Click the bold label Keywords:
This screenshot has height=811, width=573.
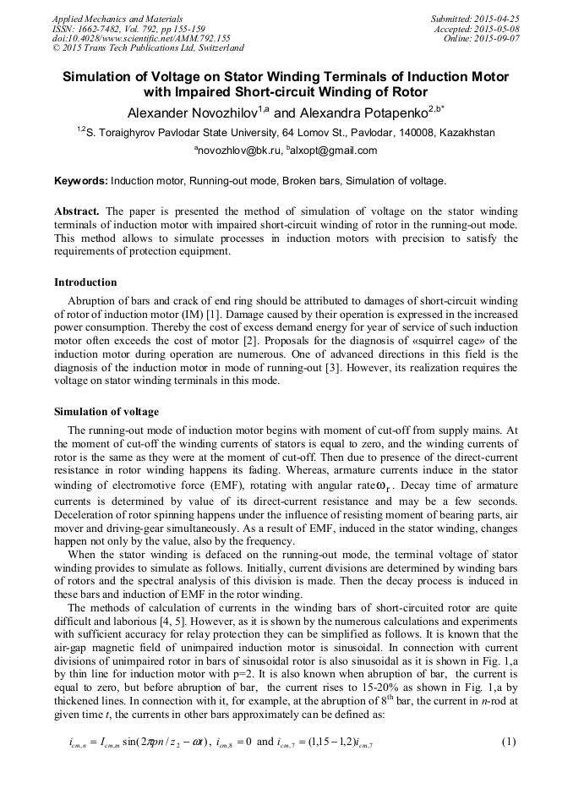[81, 181]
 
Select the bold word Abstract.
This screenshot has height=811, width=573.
[77, 210]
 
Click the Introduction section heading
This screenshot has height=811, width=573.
[85, 282]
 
